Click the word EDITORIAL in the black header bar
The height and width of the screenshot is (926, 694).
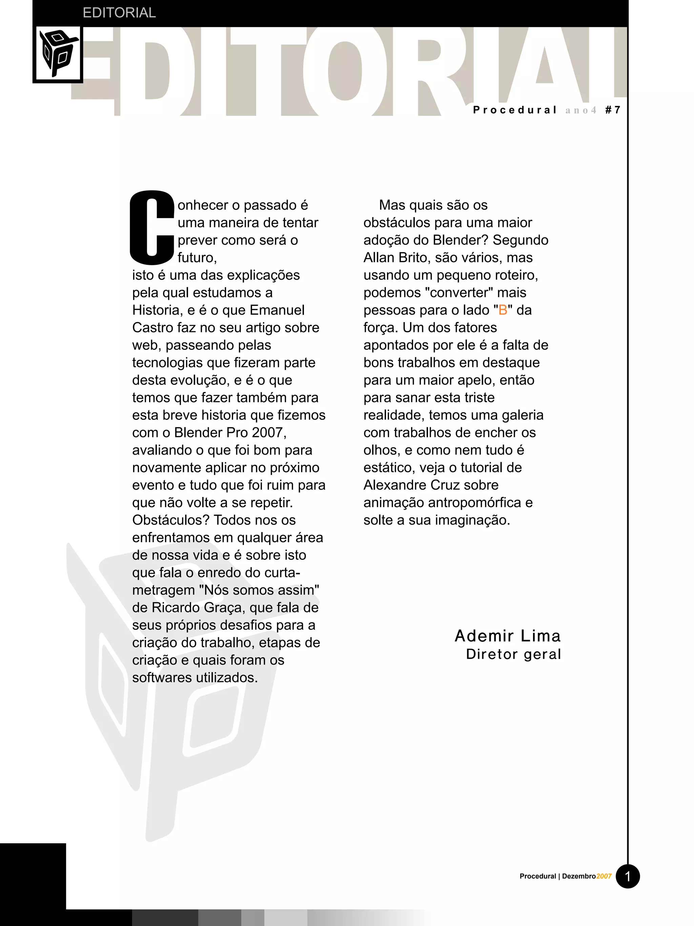point(119,13)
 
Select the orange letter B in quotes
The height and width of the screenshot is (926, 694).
point(503,310)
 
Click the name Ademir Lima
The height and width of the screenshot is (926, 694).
point(507,636)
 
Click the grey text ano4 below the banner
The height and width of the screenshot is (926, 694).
point(580,110)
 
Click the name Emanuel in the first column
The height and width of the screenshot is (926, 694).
point(277,310)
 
